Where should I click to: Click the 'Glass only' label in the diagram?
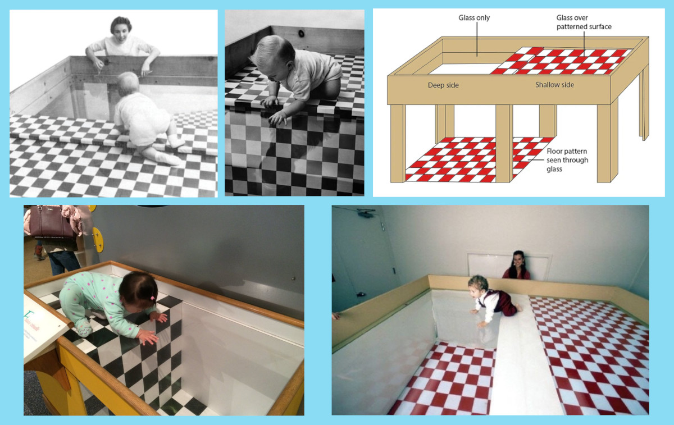pyautogui.click(x=474, y=18)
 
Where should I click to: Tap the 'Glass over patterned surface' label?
pyautogui.click(x=584, y=22)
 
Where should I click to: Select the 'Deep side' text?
pyautogui.click(x=443, y=85)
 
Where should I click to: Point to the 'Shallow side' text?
pyautogui.click(x=554, y=85)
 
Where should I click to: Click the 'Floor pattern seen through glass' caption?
pyautogui.click(x=567, y=160)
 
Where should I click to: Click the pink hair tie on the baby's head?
pyautogui.click(x=153, y=298)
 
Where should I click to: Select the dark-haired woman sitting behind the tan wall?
pyautogui.click(x=517, y=266)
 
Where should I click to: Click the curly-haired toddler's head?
pyautogui.click(x=478, y=285)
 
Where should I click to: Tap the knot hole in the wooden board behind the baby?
pyautogui.click(x=301, y=33)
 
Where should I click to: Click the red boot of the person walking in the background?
pyautogui.click(x=39, y=253)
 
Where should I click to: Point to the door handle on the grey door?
pyautogui.click(x=360, y=294)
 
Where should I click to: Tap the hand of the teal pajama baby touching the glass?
pyautogui.click(x=148, y=337)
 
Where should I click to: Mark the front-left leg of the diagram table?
pyautogui.click(x=398, y=144)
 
